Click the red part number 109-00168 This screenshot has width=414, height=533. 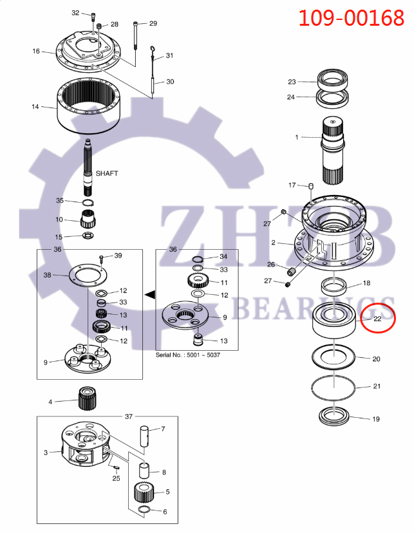click(x=351, y=17)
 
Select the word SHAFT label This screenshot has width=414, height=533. click(x=107, y=173)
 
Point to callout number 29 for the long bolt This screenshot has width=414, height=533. click(x=153, y=24)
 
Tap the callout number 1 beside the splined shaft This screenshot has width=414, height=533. click(x=297, y=137)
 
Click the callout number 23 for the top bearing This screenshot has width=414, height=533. click(x=292, y=82)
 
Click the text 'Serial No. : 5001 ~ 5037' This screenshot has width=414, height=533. click(x=183, y=355)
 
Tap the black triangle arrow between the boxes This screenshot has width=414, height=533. click(x=150, y=295)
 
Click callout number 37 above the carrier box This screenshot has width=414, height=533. click(x=128, y=416)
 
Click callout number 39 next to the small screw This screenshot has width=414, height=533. click(x=118, y=256)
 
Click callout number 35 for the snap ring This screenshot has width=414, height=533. click(x=60, y=201)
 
